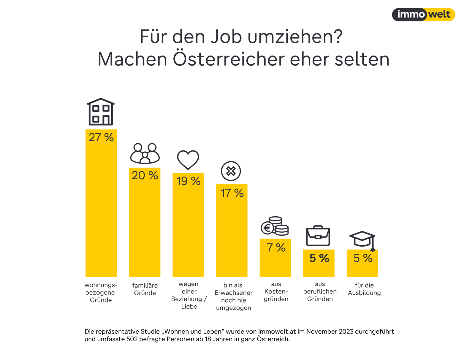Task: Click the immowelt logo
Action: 423,15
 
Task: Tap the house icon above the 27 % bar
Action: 101,112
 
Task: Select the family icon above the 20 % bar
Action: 145,153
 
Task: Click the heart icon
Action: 188,160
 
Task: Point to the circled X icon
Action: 231,171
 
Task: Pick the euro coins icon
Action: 275,226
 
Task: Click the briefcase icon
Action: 318,236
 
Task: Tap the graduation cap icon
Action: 362,240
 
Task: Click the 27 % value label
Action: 101,137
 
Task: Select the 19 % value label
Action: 188,181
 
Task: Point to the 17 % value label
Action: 232,193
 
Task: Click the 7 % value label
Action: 276,248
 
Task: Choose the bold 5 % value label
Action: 319,258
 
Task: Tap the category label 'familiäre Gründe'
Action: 145,289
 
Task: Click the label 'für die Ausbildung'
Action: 364,289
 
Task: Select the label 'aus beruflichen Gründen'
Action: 320,291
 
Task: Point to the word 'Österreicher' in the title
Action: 229,59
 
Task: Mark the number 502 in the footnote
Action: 132,339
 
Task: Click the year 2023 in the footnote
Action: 346,332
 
